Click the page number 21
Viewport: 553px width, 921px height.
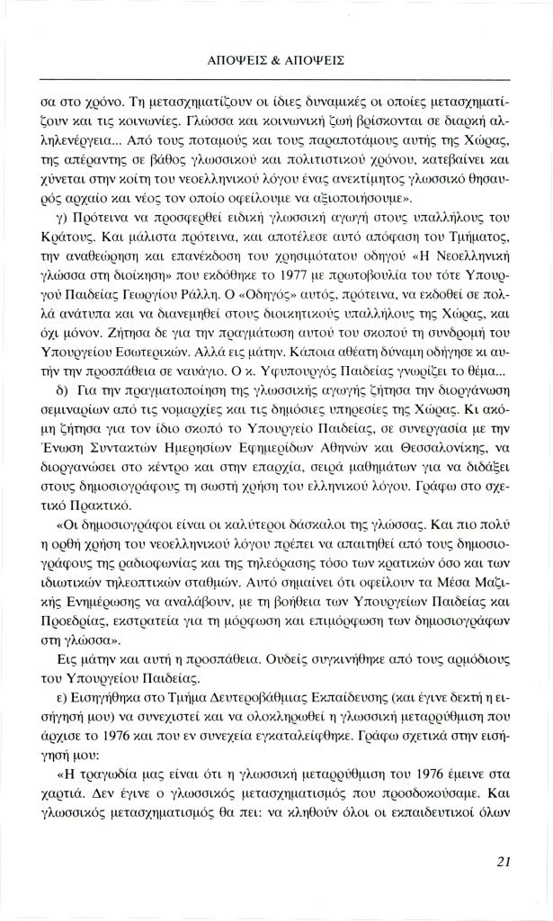pos(503,861)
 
